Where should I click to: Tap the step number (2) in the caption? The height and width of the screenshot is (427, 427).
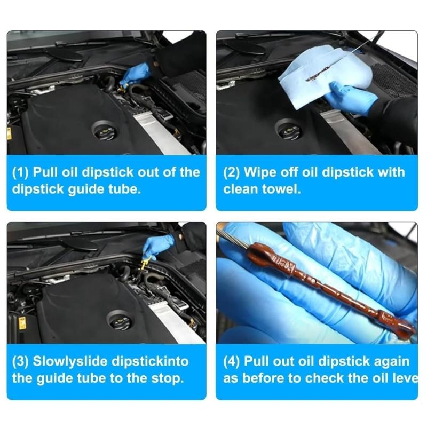tap(232, 172)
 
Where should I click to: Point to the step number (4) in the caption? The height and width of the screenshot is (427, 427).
tap(232, 361)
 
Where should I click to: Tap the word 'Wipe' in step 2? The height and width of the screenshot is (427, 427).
tap(261, 172)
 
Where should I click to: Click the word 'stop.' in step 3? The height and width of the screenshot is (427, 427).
tap(168, 379)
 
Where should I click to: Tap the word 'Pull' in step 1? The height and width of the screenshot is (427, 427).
tap(44, 172)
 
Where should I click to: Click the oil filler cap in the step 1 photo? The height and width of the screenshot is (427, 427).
tap(101, 130)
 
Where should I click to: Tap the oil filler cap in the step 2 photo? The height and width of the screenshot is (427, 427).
tap(289, 130)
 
